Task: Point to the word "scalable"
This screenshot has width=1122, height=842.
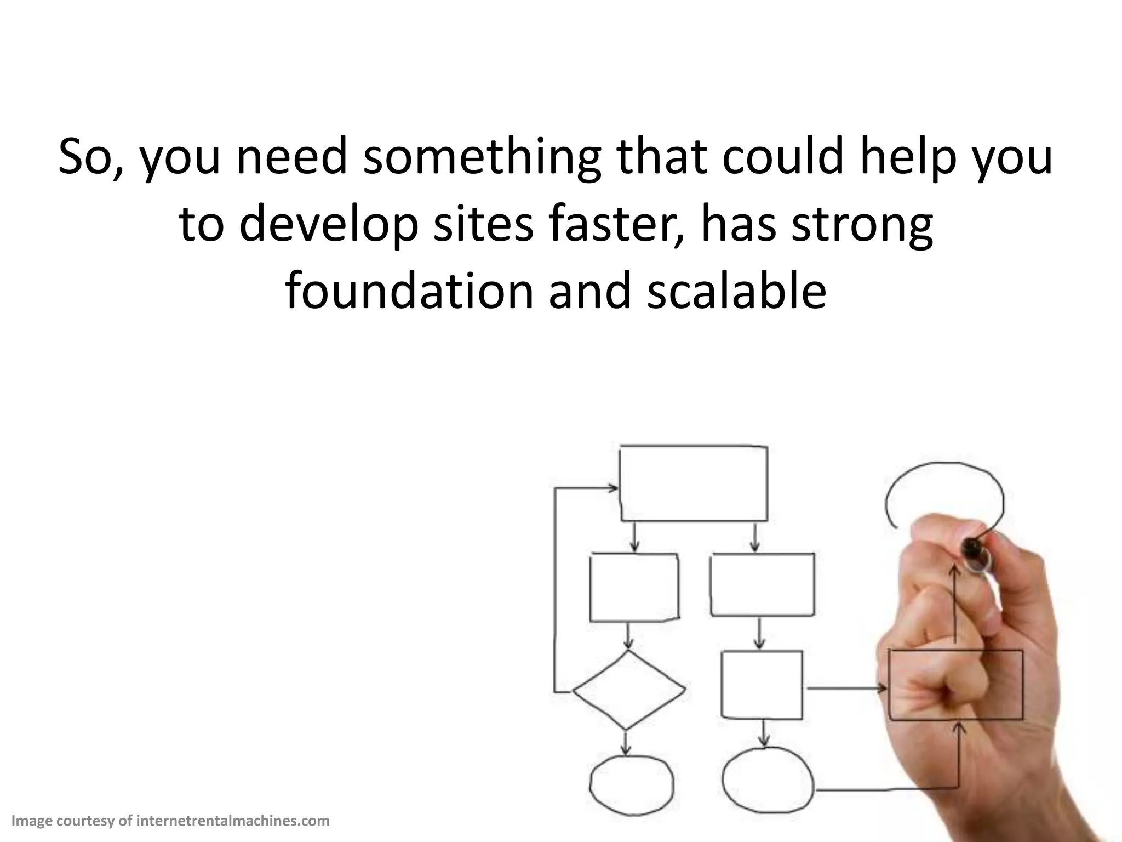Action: (736, 291)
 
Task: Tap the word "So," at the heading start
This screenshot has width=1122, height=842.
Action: (91, 158)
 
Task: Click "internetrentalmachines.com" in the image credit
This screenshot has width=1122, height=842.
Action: (232, 821)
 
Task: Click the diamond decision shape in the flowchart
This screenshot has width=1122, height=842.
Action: (628, 690)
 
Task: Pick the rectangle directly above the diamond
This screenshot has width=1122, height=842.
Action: (633, 587)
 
